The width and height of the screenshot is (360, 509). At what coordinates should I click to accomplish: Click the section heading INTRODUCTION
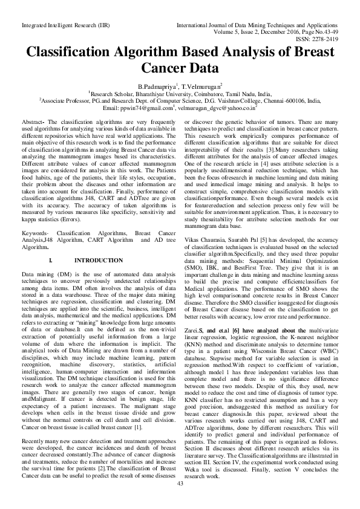pos(97,277)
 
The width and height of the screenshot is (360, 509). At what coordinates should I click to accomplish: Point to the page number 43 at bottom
pos(180,499)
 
